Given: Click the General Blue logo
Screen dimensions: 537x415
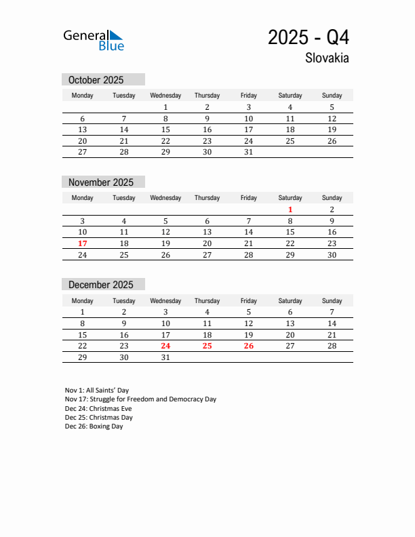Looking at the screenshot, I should [94, 39].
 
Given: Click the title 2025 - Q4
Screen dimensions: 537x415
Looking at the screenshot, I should [309, 37].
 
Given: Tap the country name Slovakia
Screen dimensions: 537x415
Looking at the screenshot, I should [327, 58].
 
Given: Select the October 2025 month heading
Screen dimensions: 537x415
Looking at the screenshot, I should [96, 80].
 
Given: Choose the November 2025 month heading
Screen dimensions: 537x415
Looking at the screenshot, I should [101, 182].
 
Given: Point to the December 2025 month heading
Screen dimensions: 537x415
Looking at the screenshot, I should [101, 285].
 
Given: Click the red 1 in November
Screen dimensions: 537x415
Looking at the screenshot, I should [290, 210].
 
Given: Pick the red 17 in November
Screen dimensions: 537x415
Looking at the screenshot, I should [83, 243].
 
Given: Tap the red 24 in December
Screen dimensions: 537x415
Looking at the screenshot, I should [165, 346].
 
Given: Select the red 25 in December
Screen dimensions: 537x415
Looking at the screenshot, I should [207, 346].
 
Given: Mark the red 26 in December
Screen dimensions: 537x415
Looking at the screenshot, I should [249, 346].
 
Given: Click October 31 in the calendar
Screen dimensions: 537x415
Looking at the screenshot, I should [249, 153].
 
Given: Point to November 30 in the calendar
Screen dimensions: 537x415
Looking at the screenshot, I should [332, 255].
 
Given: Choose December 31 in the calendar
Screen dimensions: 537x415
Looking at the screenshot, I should [165, 357].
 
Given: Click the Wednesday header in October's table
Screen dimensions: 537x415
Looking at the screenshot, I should [165, 96].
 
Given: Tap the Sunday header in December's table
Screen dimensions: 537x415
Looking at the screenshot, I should [332, 300].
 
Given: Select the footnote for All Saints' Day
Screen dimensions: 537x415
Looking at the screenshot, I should [97, 391].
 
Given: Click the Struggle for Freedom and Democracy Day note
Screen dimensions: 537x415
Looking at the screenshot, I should [140, 399].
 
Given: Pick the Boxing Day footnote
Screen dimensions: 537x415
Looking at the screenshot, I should [94, 426].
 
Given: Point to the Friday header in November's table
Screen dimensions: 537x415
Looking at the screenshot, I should [249, 198].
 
